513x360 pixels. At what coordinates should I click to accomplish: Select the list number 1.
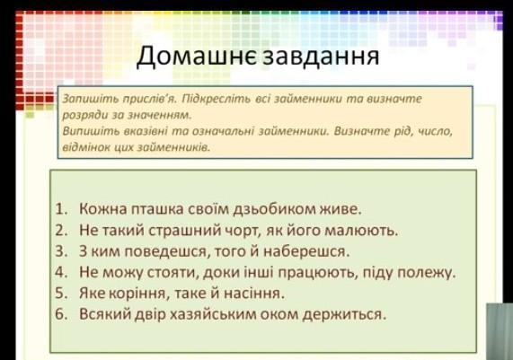(x=61, y=209)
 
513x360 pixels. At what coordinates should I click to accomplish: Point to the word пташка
(x=157, y=209)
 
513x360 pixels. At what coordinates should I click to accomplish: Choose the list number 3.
(x=61, y=251)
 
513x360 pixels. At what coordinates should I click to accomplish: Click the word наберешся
(x=306, y=251)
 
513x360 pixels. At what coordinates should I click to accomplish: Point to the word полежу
(x=426, y=273)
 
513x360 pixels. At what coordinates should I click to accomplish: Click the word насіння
(x=254, y=293)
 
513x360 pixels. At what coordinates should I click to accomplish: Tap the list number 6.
(x=61, y=314)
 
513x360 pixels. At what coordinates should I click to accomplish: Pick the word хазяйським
(x=214, y=314)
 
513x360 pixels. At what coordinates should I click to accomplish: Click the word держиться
(x=344, y=314)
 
